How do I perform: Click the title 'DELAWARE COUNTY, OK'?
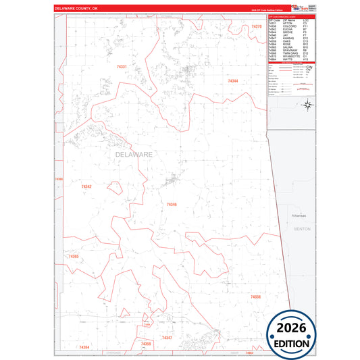(x=76, y=9)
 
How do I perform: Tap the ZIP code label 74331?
(x=122, y=67)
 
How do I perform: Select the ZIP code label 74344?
(x=233, y=80)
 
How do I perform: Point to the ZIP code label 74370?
(x=256, y=26)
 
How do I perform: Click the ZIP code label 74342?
(x=86, y=186)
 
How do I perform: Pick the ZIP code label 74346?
(x=172, y=204)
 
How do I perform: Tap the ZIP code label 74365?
(x=74, y=257)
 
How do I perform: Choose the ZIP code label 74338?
(x=255, y=297)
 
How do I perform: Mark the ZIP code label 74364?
(x=84, y=347)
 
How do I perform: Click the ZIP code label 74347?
(x=167, y=337)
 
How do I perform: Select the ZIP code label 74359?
(x=146, y=344)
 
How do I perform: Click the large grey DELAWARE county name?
(x=134, y=155)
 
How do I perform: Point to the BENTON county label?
(x=303, y=230)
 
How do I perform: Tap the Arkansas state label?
(x=299, y=215)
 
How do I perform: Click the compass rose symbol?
(x=307, y=104)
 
